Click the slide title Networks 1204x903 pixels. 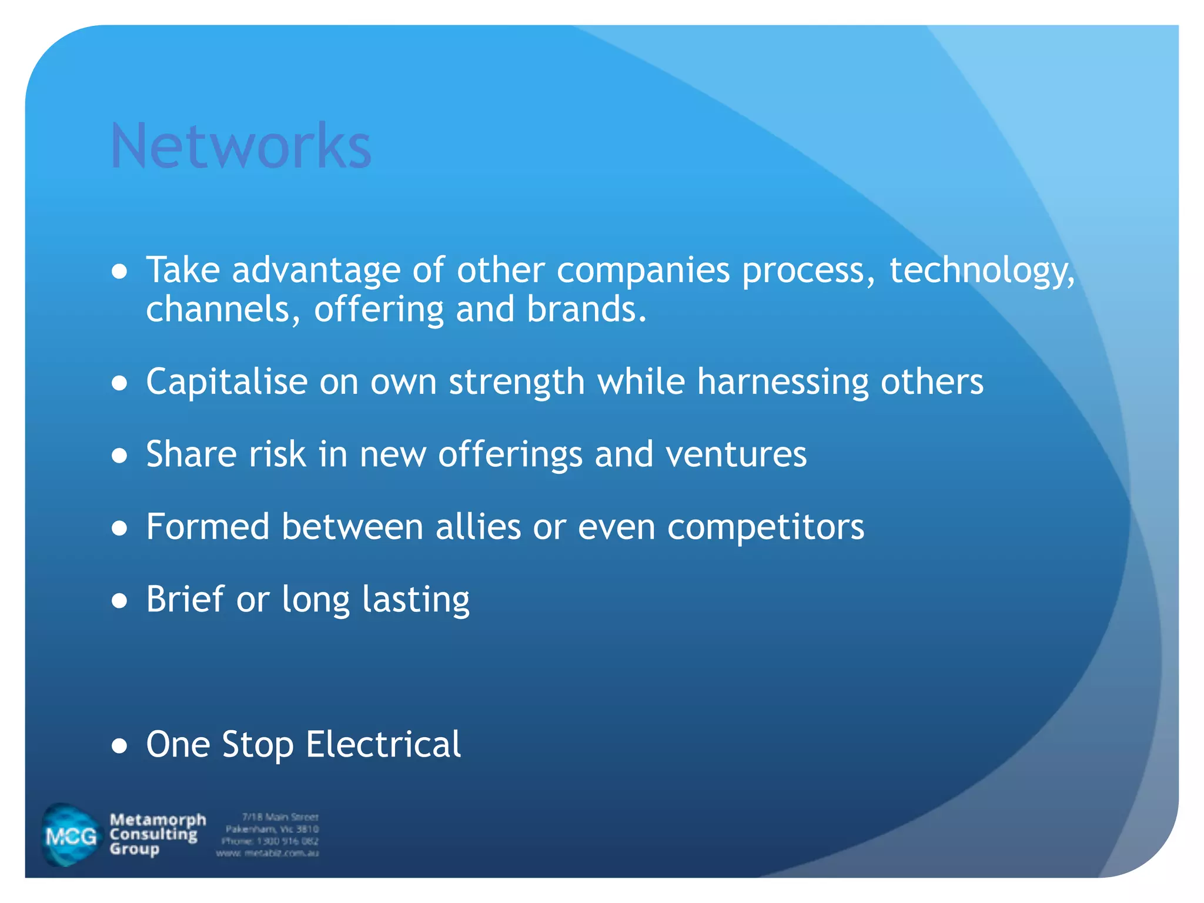tap(240, 145)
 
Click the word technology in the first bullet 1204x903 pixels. tap(982, 271)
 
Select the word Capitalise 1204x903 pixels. tap(226, 382)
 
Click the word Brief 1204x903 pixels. tap(185, 599)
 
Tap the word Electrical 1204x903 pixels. tap(383, 744)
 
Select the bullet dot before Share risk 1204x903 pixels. tap(120, 456)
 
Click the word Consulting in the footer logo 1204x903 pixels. tap(153, 834)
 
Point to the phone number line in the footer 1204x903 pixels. tap(270, 841)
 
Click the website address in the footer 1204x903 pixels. tap(267, 853)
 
